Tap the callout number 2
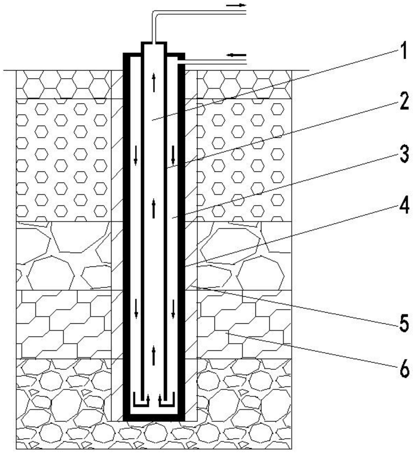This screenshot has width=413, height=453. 404,102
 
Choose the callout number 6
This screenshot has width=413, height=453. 404,369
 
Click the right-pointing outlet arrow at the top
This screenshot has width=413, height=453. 236,5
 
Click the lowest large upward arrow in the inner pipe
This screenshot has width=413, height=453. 153,356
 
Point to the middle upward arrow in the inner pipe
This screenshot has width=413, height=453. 153,208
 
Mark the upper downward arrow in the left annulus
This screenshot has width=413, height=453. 136,155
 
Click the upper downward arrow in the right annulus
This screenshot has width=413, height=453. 173,154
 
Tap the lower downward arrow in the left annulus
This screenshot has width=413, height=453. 136,308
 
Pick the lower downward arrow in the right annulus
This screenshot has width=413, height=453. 173,308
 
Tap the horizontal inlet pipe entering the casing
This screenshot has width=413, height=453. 212,62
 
